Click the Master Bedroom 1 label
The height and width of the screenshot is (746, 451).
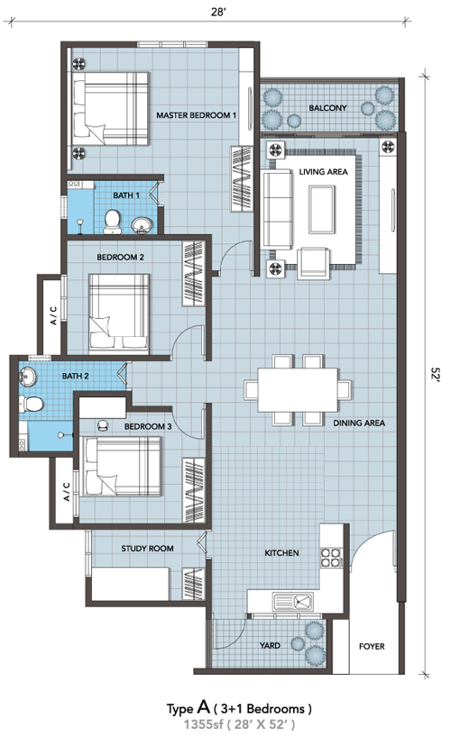tap(197, 115)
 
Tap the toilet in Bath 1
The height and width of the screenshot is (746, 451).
tap(113, 223)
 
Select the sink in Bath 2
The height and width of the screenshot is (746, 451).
tap(27, 377)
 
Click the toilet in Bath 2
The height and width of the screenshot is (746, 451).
tap(32, 404)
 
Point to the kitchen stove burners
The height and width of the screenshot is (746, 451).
tap(331, 558)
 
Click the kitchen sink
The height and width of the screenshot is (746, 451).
tap(293, 601)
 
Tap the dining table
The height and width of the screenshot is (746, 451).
tap(298, 389)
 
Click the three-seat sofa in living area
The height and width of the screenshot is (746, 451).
tap(276, 209)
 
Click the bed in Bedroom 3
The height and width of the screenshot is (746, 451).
tap(123, 467)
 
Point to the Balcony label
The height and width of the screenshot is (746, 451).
tap(327, 108)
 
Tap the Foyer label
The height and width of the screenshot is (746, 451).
tap(372, 646)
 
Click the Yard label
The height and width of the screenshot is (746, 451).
tap(270, 646)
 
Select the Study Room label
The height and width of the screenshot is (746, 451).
tap(147, 549)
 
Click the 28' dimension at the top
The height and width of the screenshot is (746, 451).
tap(218, 13)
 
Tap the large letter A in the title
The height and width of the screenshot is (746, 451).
tap(203, 707)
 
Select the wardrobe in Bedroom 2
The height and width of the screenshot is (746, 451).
tap(193, 274)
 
